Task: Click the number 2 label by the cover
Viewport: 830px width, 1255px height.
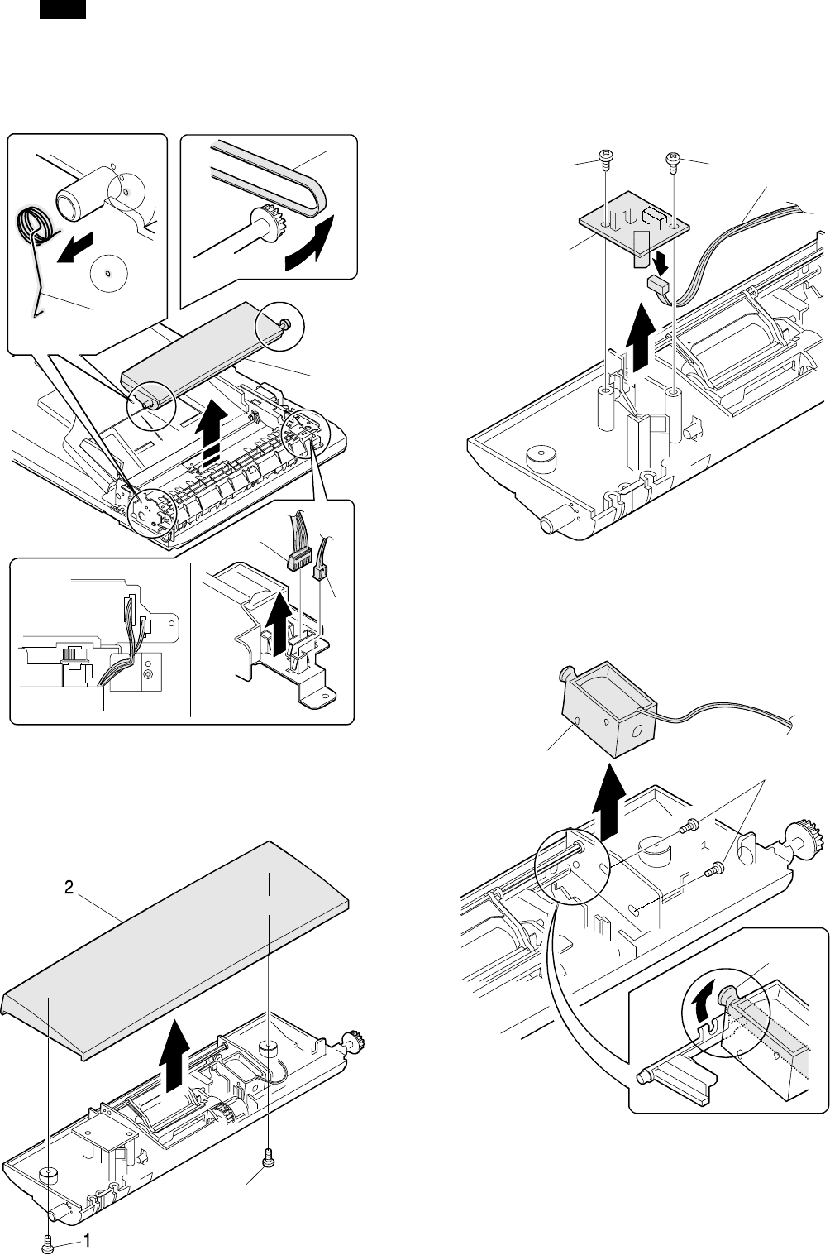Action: tap(70, 888)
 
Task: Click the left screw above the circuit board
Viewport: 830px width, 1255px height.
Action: tap(605, 157)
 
